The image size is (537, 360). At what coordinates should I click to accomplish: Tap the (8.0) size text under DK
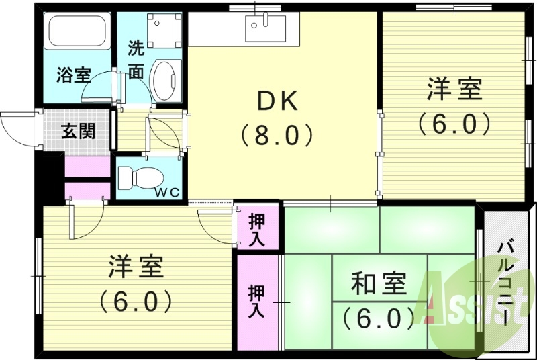277,136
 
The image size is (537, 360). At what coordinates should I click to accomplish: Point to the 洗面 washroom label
136,59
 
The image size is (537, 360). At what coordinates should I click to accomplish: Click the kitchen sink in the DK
264,28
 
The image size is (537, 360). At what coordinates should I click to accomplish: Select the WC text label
168,193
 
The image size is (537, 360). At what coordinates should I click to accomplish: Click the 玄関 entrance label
79,130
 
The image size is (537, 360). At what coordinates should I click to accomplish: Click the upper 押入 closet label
257,228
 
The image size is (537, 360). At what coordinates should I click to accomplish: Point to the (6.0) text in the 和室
379,316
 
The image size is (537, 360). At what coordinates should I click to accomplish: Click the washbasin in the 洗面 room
166,81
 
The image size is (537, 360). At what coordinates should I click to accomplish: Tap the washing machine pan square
164,31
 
